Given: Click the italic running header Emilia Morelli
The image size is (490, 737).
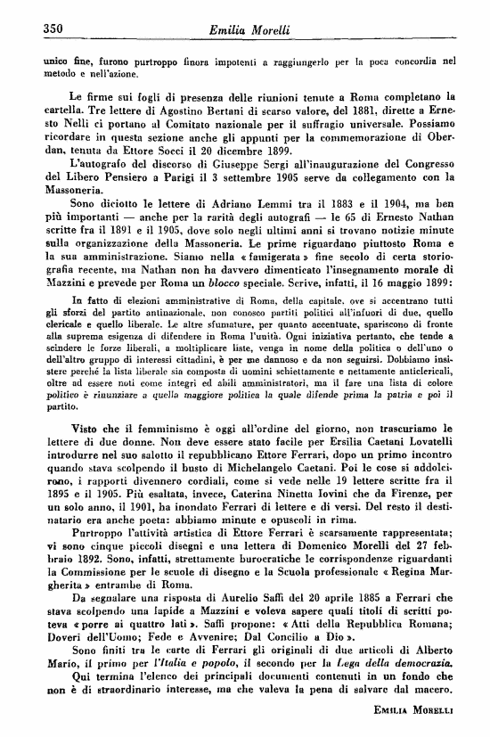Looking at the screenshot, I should (x=244, y=29).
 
